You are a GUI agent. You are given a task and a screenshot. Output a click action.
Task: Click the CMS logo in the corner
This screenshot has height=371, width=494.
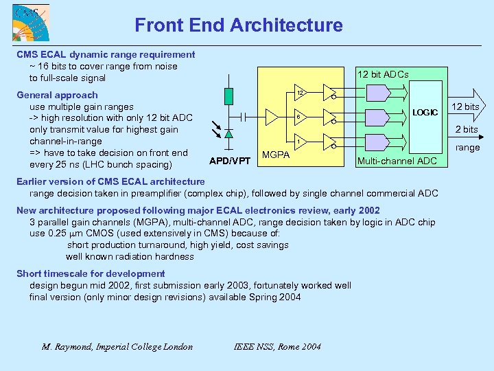point(25,23)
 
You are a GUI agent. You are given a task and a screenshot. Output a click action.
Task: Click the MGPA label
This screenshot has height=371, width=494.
point(276,155)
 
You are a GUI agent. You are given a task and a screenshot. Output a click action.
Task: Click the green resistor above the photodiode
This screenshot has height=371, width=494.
point(228,96)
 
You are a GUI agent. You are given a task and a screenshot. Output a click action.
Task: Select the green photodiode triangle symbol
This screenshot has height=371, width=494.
point(228,133)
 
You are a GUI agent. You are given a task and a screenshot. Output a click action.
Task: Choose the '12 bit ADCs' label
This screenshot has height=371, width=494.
point(383,74)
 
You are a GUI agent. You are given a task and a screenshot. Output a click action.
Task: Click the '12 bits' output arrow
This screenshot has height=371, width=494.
point(467,106)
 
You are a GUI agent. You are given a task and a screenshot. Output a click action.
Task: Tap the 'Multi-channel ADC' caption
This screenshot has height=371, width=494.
point(397,161)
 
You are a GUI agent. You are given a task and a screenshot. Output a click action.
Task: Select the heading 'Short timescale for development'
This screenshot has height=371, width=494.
point(91,273)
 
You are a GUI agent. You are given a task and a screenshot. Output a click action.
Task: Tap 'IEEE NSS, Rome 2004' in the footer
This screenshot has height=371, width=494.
point(277,346)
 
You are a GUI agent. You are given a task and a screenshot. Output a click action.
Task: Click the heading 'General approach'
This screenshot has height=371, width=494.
point(57,95)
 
